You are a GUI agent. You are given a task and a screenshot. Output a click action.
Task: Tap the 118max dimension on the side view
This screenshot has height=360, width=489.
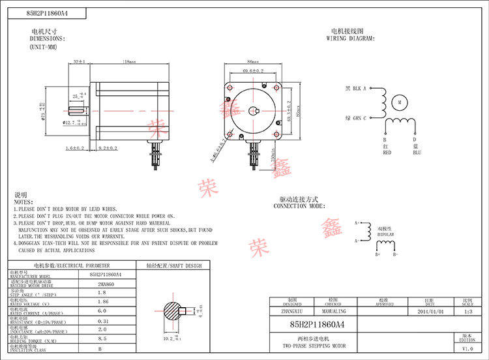point(129,61)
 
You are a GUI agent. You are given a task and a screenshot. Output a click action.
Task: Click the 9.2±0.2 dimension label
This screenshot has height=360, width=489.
point(108,149)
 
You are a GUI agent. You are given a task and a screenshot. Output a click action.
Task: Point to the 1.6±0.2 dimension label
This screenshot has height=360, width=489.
point(74,149)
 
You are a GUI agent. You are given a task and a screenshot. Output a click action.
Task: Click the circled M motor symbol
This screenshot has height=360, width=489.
point(399,102)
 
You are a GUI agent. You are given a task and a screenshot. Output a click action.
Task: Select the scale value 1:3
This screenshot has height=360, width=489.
point(467,312)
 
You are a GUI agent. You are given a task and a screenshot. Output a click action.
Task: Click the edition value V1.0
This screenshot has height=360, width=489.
point(467,350)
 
